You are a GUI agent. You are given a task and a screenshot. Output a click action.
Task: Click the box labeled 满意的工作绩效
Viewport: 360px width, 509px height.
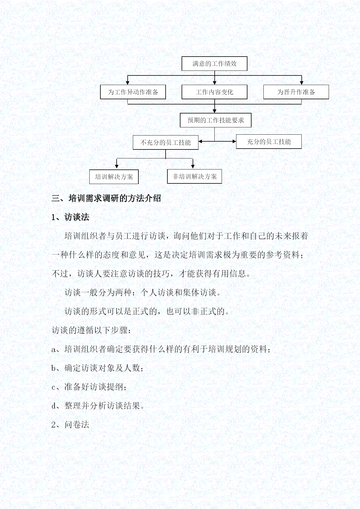coord(214,64)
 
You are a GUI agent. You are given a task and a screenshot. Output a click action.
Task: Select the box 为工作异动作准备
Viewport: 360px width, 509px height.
coord(133,92)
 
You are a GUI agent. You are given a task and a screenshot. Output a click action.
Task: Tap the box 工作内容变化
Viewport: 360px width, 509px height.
coord(214,92)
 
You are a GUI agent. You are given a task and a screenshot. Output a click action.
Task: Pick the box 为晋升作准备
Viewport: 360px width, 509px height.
coord(296,92)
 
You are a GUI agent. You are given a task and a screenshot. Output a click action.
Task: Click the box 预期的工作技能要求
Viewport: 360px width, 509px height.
coord(216,120)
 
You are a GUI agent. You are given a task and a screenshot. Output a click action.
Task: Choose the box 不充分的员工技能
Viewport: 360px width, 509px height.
coord(166,142)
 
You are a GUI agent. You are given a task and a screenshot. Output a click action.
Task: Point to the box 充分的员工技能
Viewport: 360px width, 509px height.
coord(269,142)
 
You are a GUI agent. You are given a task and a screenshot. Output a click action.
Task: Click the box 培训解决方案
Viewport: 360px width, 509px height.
coord(114,177)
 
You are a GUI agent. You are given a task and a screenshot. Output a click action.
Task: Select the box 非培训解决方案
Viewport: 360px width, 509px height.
coord(195,176)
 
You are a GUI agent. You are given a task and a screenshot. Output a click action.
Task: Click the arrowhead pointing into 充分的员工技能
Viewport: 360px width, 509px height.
coord(234,142)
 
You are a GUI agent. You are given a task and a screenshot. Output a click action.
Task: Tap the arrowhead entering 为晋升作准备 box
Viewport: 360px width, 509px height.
coord(301,83)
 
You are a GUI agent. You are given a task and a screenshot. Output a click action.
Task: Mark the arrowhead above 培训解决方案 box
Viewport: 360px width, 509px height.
coord(117,166)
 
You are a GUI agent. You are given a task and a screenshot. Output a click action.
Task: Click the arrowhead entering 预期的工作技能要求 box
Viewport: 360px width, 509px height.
coord(214,111)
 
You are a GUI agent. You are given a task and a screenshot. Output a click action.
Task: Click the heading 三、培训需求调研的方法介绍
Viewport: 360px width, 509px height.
coord(106,198)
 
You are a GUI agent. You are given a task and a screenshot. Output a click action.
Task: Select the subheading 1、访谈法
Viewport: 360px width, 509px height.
coord(70,217)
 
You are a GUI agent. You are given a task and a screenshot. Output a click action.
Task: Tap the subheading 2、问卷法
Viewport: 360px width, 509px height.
coord(70,425)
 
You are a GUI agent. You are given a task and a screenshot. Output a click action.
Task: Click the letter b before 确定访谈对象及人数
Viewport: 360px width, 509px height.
coord(54,368)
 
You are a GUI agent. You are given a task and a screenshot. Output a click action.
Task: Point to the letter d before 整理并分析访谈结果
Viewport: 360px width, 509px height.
coord(54,406)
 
